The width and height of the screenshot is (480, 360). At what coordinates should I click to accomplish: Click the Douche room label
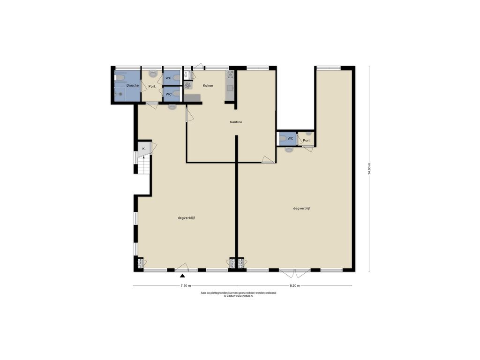(x=133, y=85)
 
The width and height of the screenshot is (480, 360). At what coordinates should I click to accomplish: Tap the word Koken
(x=208, y=86)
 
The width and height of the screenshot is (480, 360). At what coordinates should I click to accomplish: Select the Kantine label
(x=236, y=122)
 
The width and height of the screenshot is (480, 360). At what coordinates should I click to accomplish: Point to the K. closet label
(x=143, y=149)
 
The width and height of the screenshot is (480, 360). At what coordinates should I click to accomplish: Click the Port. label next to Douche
(x=152, y=87)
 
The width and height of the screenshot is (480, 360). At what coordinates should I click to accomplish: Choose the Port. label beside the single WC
(x=307, y=141)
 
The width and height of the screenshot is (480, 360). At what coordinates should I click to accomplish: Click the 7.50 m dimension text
(x=186, y=285)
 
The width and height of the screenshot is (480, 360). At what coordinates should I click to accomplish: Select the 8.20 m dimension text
(x=294, y=285)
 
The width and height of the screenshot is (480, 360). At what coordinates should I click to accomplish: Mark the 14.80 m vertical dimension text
(x=369, y=168)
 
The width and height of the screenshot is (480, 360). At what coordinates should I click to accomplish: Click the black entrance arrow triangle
(x=182, y=276)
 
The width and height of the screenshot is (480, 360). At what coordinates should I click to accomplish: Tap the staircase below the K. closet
(x=144, y=165)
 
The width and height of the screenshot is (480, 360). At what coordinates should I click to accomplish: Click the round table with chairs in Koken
(x=188, y=85)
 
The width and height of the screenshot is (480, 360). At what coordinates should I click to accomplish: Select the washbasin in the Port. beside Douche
(x=152, y=74)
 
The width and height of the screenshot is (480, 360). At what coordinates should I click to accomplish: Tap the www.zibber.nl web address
(x=244, y=296)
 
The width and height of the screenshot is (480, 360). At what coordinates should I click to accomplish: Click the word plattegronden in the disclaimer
(x=218, y=293)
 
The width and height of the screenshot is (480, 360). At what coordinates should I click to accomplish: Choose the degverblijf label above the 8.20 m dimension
(x=302, y=209)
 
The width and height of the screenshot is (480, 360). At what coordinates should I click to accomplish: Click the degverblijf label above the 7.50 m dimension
(x=187, y=218)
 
